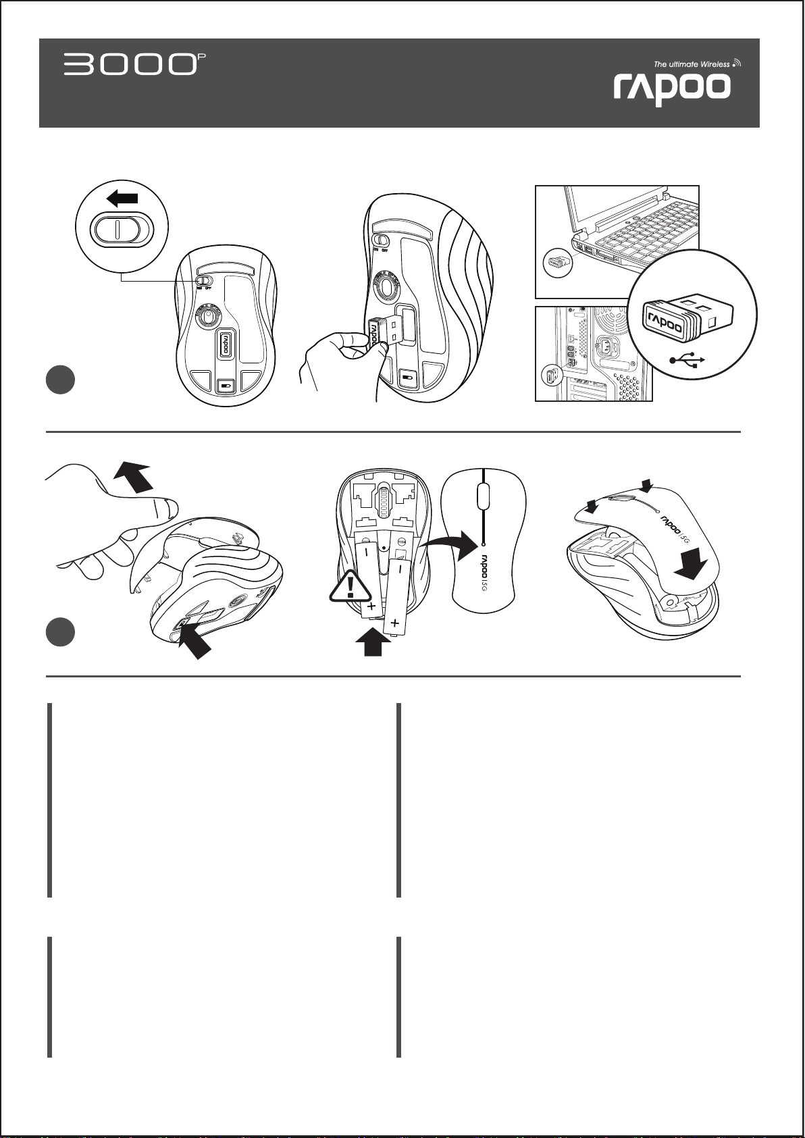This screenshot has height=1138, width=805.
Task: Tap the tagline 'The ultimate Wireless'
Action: pyautogui.click(x=692, y=64)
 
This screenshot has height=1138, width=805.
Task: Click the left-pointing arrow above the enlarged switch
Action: pyautogui.click(x=122, y=199)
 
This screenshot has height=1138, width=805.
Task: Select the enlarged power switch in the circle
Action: pyautogui.click(x=116, y=229)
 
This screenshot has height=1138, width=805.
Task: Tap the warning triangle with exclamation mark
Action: pyautogui.click(x=350, y=587)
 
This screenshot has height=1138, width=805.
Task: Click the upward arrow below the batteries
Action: pyautogui.click(x=373, y=642)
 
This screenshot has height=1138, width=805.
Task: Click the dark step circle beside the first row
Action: pyautogui.click(x=60, y=380)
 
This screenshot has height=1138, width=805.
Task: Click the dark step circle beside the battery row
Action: pyautogui.click(x=60, y=631)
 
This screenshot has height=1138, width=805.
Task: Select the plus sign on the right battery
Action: pyautogui.click(x=394, y=621)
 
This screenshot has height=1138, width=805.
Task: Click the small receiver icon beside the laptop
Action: pyautogui.click(x=558, y=262)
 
